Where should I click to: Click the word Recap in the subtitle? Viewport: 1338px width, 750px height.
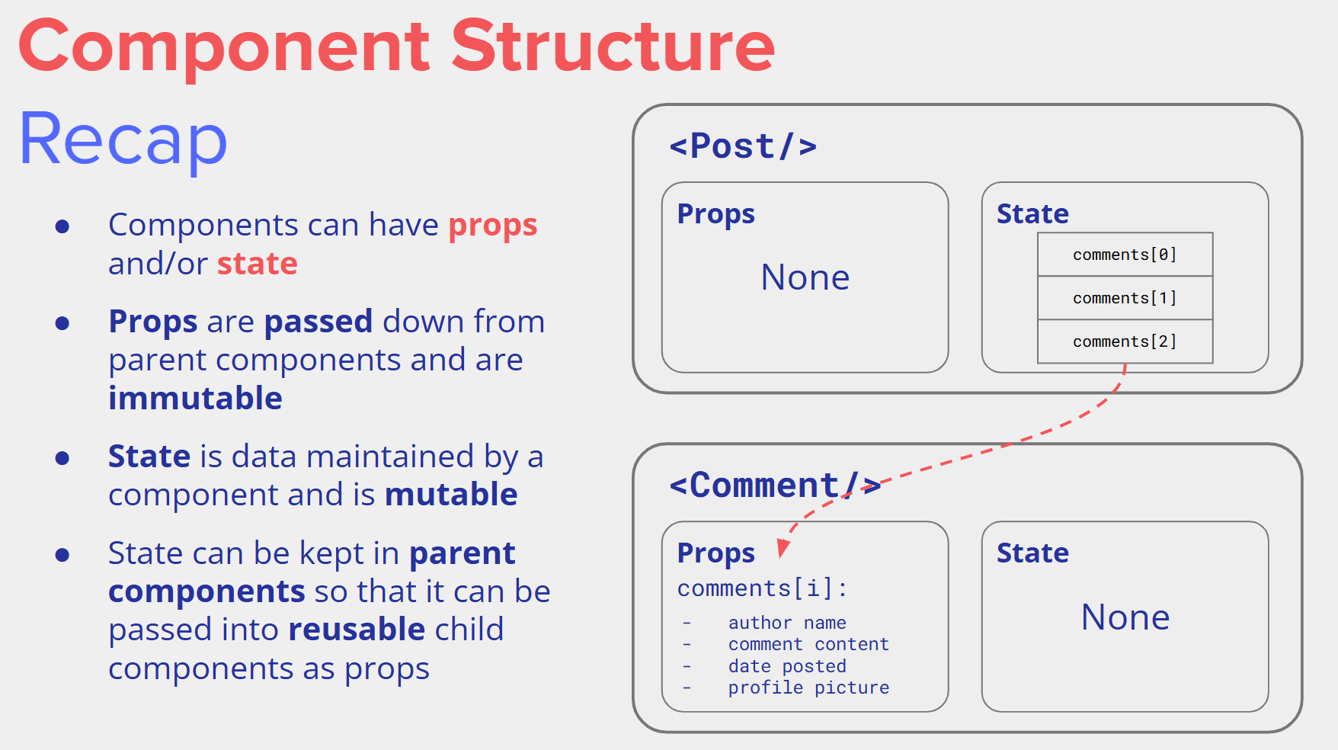[x=123, y=139]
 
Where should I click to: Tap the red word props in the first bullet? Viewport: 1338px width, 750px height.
[x=492, y=226]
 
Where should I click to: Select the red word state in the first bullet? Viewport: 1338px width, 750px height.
[x=257, y=264]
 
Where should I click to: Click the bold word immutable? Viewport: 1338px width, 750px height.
[x=195, y=399]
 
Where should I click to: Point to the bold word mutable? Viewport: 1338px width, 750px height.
[x=451, y=495]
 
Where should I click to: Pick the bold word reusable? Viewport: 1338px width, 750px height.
[x=357, y=630]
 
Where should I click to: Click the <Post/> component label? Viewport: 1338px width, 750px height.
[x=742, y=146]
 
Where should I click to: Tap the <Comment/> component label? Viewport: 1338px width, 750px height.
[x=774, y=486]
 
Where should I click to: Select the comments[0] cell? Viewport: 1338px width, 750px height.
[x=1125, y=255]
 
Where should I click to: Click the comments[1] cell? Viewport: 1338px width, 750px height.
[x=1125, y=298]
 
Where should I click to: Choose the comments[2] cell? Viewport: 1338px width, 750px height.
[x=1125, y=341]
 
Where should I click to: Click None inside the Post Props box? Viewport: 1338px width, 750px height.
[x=805, y=277]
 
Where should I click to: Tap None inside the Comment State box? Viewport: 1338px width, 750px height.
[x=1125, y=617]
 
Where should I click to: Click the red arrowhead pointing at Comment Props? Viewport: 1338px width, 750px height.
[x=783, y=548]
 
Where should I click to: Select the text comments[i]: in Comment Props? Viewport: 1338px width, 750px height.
[x=762, y=588]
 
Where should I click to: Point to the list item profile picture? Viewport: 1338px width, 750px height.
[x=808, y=687]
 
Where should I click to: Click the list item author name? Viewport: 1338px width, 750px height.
[x=787, y=623]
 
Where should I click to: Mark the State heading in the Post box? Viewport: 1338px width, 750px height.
[x=1032, y=214]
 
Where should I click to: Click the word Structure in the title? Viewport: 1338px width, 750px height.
[x=613, y=47]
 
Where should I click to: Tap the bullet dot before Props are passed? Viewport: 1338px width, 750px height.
[x=62, y=323]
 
